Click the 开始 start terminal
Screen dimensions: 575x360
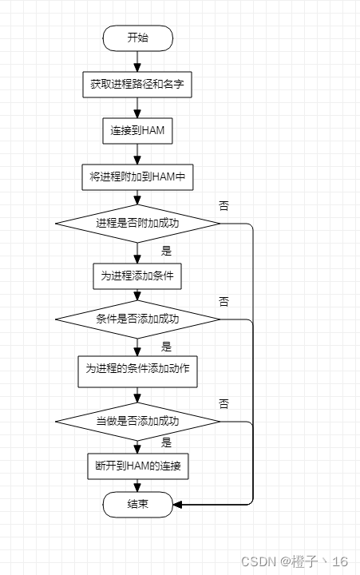coord(137,38)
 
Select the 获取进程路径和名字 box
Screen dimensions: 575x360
coord(137,84)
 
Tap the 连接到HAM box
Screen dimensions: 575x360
coord(137,130)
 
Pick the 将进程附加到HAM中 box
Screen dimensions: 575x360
coord(137,176)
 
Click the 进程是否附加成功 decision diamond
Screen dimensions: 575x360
coord(137,223)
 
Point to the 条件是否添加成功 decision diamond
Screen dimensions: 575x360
coord(137,319)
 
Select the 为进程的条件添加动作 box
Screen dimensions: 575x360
coord(137,370)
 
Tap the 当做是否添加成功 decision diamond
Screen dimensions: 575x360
coord(137,420)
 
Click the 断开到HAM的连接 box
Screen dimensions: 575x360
coord(137,466)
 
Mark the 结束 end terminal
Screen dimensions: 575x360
coord(137,505)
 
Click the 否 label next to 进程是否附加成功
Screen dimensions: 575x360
coord(224,205)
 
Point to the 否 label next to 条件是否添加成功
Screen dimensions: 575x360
coord(224,302)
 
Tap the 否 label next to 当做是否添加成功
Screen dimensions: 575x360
coord(224,403)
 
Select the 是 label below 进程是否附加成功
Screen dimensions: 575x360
coord(167,251)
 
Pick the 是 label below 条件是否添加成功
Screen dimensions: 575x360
coord(167,347)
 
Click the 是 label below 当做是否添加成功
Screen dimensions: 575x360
coord(167,442)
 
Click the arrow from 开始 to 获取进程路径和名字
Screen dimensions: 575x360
coord(137,61)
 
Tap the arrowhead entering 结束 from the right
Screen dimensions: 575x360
coord(178,505)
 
